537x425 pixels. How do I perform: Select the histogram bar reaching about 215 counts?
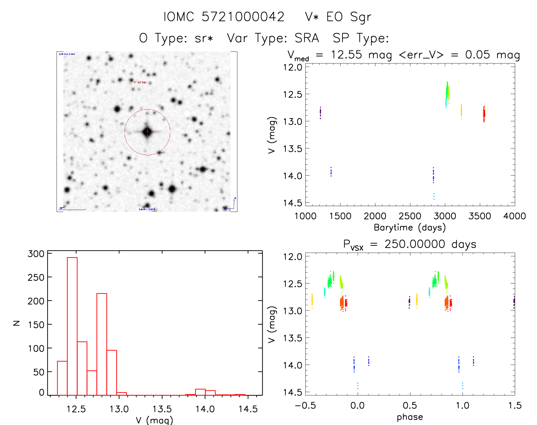[x=102, y=344]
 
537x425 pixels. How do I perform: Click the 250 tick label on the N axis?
[x=36, y=277]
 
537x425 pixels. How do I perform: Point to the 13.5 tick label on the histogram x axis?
[x=162, y=409]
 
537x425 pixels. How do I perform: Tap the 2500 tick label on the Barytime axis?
[x=410, y=216]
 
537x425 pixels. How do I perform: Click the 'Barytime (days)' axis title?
[x=410, y=228]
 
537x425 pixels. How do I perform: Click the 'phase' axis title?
[x=410, y=417]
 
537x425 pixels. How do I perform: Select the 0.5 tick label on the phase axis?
[x=410, y=406]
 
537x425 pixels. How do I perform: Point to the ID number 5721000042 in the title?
[x=243, y=17]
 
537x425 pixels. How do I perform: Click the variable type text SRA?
[x=307, y=38]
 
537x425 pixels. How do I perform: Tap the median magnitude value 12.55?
[x=346, y=55]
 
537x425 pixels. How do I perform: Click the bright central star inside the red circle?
[x=147, y=132]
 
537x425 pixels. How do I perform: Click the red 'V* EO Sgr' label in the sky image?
[x=140, y=82]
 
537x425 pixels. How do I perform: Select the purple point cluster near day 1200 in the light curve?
[x=320, y=113]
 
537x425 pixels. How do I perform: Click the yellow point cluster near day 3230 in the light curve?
[x=461, y=111]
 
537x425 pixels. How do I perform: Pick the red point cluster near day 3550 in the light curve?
[x=484, y=114]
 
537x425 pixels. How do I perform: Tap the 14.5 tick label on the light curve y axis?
[x=292, y=203]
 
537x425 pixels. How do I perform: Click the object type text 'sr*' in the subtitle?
[x=204, y=38]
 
